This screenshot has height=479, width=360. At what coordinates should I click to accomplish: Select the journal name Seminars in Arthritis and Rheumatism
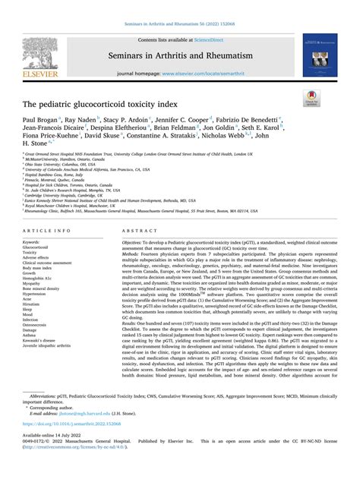coord(181,54)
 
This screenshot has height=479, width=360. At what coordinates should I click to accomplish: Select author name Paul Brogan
coord(39,120)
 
